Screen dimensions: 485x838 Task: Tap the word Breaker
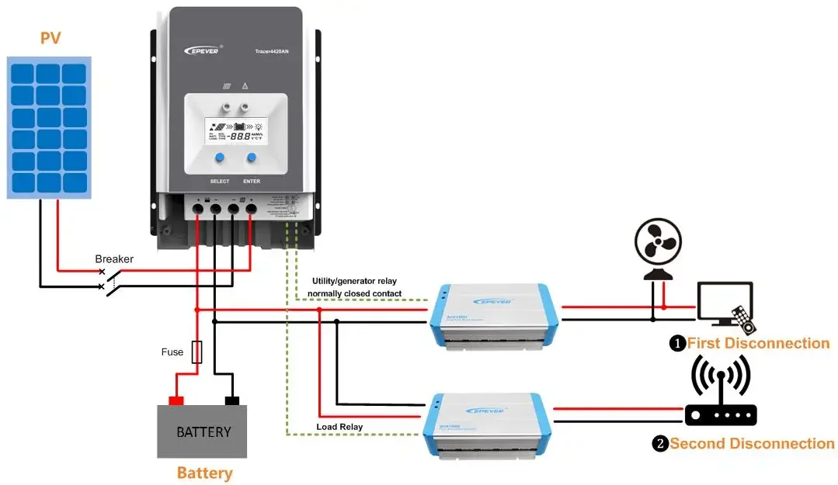[x=114, y=258]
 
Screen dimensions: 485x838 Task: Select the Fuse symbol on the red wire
[x=196, y=352]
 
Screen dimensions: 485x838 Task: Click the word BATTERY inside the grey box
[x=203, y=431]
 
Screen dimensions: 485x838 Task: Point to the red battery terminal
[x=176, y=400]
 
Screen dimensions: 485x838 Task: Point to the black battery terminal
[x=231, y=400]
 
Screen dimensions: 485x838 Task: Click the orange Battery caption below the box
[x=204, y=473]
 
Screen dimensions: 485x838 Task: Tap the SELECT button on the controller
[x=220, y=158]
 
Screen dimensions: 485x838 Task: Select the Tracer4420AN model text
[x=271, y=51]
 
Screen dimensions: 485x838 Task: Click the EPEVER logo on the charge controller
[x=202, y=50]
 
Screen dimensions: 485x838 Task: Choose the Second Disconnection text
[x=752, y=443]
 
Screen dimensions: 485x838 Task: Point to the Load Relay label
[x=339, y=427]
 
